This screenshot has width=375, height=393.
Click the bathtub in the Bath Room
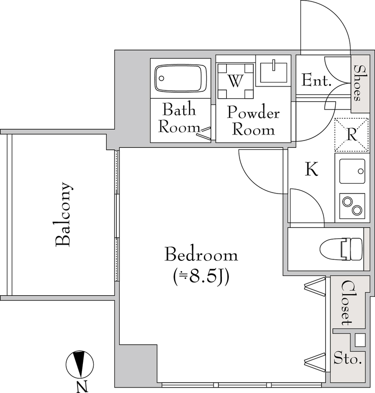pos(180,78)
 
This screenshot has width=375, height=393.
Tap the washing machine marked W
pos(236,81)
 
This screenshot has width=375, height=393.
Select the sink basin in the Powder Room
pos(273,73)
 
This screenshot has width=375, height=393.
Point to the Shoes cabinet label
pos(360,83)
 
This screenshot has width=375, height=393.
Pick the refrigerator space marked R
pos(352,135)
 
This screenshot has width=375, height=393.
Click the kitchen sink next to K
pos(352,171)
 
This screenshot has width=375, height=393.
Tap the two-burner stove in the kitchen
pos(352,205)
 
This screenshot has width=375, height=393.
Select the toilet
pos(341,250)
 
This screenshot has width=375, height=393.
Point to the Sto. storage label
pos(348,359)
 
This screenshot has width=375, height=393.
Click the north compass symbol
pos(80,364)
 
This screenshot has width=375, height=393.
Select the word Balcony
pos(64,214)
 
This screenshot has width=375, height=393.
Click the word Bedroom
pos(201,255)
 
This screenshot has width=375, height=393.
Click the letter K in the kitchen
pos(312,169)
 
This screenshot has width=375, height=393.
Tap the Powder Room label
pos(253,121)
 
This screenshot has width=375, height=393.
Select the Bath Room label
pos(179,117)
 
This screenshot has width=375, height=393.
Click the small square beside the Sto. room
pos(360,340)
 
